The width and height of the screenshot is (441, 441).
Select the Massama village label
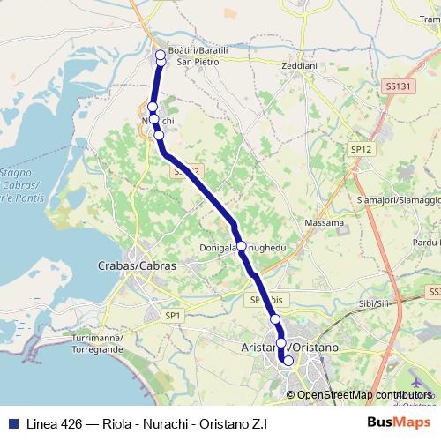[324, 223]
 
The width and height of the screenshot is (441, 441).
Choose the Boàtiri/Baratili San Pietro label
[198, 56]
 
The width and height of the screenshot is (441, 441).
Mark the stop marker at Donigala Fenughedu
[241, 247]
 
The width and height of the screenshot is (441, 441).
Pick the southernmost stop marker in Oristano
[288, 361]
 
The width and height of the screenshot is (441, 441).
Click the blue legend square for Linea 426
[11, 422]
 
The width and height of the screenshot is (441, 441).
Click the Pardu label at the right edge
[427, 242]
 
